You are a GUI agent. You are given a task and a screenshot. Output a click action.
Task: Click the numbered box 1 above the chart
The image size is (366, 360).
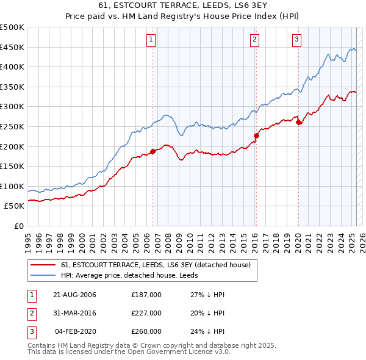click(151, 40)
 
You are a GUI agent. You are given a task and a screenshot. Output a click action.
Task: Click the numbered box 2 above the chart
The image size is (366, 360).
click(254, 40)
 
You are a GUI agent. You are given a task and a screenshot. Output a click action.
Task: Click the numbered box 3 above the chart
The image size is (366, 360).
click(296, 40)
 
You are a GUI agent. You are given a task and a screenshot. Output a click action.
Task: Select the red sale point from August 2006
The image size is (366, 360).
click(152, 151)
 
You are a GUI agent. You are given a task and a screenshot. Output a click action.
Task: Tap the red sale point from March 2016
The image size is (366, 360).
click(257, 135)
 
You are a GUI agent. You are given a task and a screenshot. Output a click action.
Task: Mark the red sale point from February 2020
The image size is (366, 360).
click(298, 123)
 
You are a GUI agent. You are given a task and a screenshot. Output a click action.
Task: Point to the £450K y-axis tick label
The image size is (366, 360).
click(13, 47)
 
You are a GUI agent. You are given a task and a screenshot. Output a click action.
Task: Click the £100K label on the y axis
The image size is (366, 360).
click(13, 186)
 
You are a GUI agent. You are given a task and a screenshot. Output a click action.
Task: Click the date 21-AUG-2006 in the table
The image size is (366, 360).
click(74, 295)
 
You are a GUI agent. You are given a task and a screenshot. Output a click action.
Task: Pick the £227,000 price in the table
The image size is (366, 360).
click(146, 313)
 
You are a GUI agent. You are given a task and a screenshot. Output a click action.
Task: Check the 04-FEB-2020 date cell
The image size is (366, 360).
click(76, 331)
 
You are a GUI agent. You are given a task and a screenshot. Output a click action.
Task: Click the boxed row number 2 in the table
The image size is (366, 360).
click(30, 313)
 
